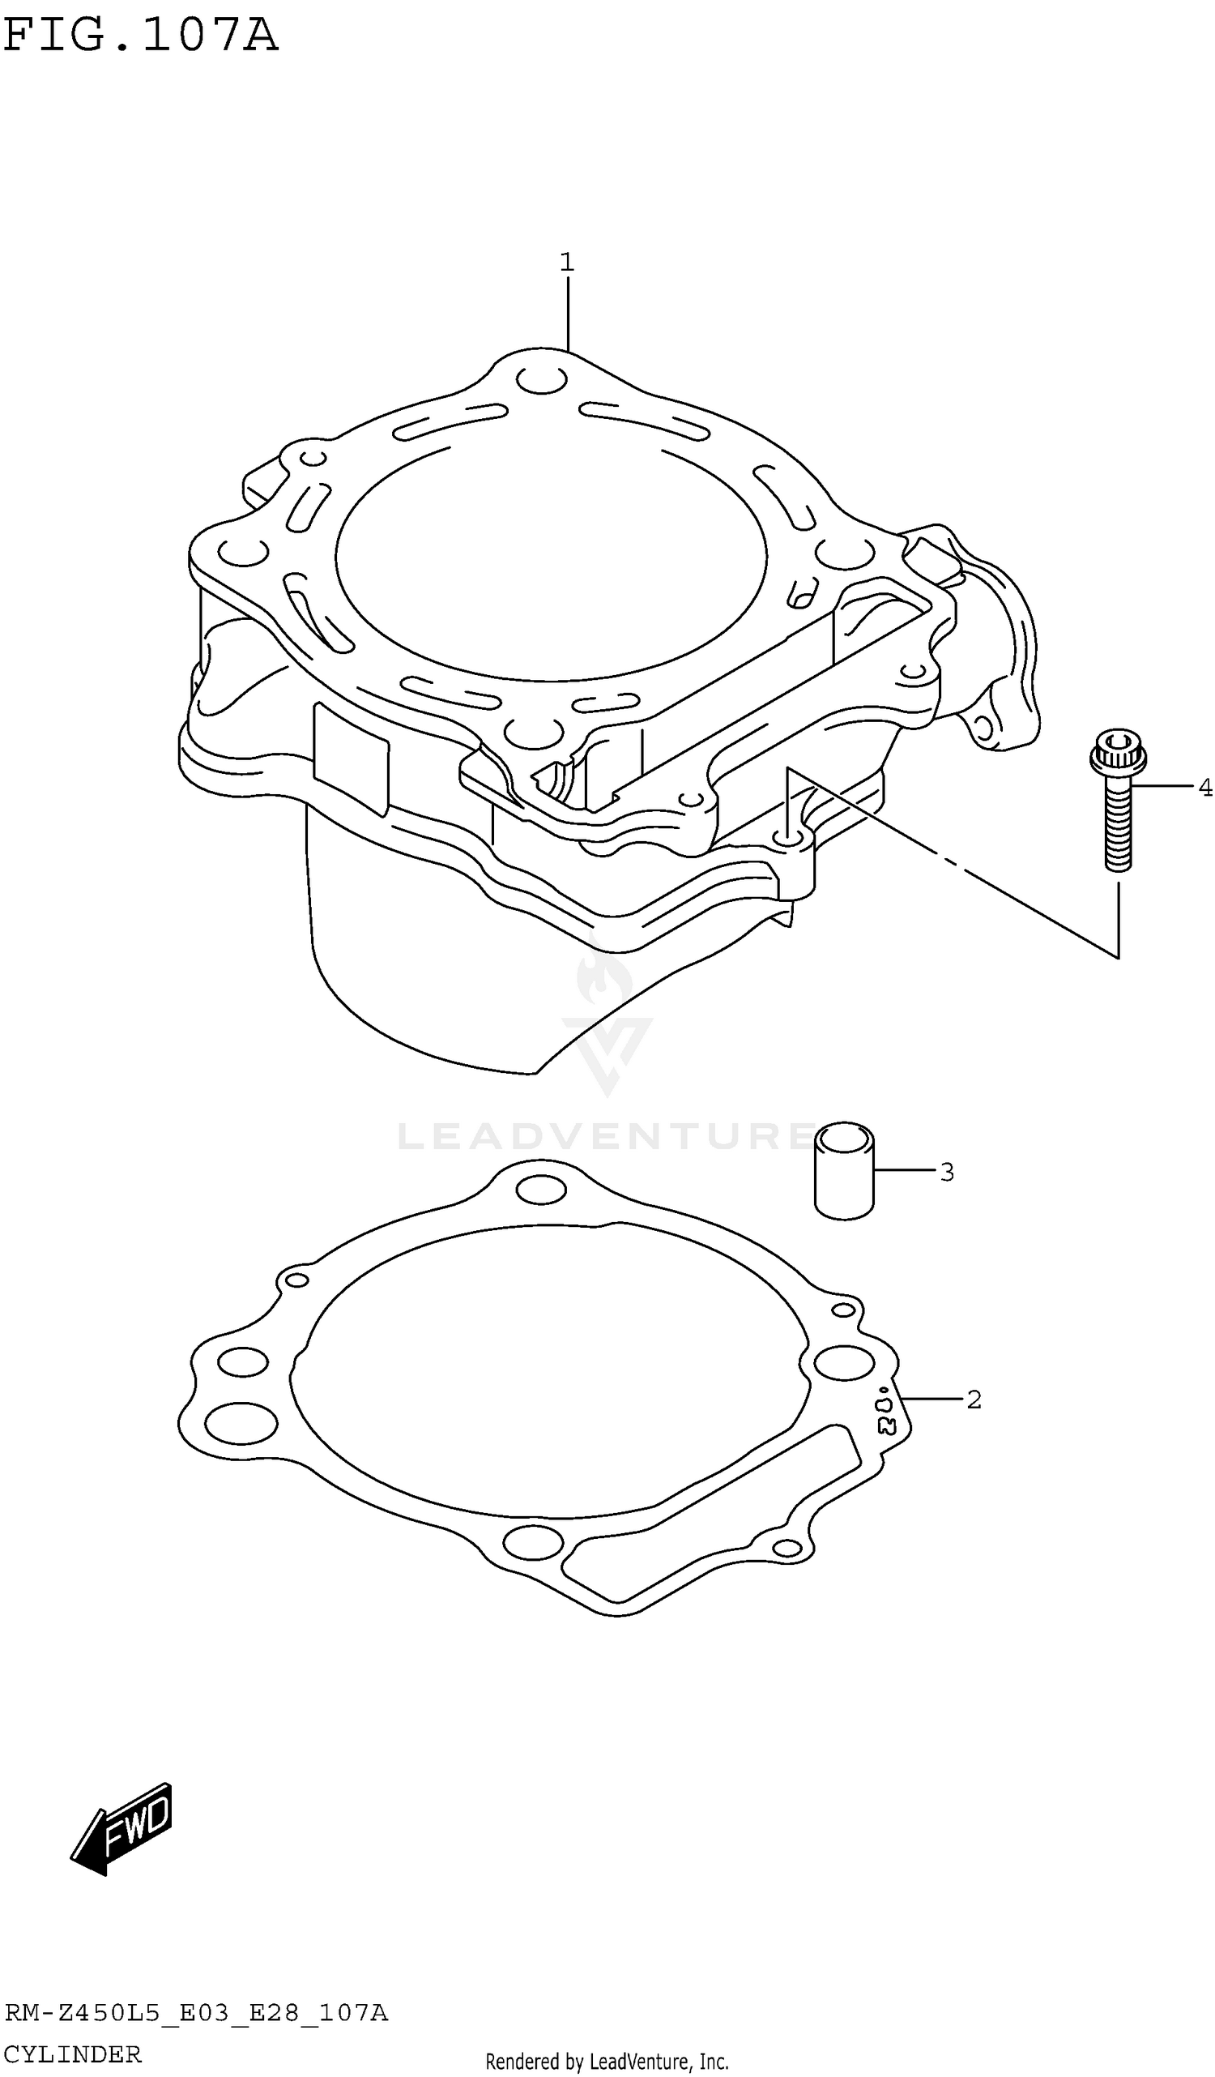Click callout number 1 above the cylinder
[x=567, y=263]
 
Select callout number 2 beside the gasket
[x=974, y=1400]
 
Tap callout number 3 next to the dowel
[x=946, y=1172]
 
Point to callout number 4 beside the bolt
[x=1204, y=788]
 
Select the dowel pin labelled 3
[x=843, y=1171]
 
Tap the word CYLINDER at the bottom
[x=72, y=2054]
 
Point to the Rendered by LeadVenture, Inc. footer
[x=607, y=2062]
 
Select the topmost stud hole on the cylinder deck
[x=541, y=381]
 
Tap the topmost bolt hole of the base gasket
[x=541, y=1190]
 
